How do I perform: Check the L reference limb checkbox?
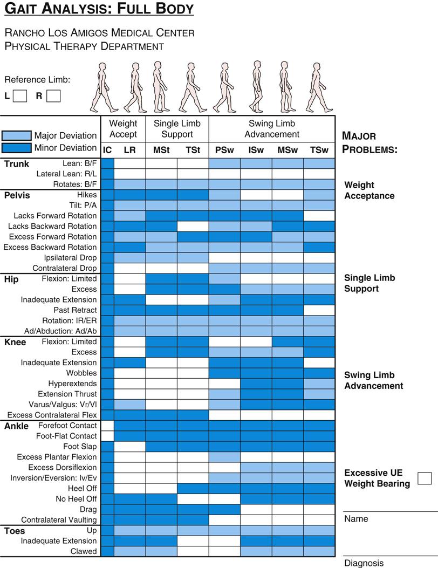click(20, 96)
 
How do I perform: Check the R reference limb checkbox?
click(53, 96)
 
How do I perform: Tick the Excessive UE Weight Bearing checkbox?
click(425, 478)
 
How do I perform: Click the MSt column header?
click(161, 150)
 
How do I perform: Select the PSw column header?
click(224, 150)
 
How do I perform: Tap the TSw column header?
click(319, 150)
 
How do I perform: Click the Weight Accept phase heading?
click(123, 129)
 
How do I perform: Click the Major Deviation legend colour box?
click(16, 135)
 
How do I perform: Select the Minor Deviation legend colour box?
click(16, 147)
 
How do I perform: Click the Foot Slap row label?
click(80, 446)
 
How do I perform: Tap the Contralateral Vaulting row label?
click(59, 520)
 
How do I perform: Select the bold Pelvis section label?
click(17, 195)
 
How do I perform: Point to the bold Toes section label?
click(15, 531)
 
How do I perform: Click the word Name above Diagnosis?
click(356, 519)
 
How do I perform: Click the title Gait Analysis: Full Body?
click(99, 9)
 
